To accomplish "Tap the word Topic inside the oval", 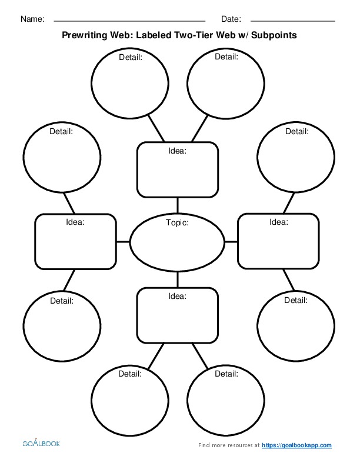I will coord(177,223).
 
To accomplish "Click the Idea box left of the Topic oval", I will coord(75,241).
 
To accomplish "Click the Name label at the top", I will coord(32,19).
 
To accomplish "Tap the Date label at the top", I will coord(231,19).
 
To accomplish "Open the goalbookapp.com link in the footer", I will coord(296,445).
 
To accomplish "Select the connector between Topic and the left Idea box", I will coord(122,241).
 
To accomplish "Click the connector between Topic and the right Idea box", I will coord(231,241).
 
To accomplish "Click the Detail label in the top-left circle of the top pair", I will coord(130,58).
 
